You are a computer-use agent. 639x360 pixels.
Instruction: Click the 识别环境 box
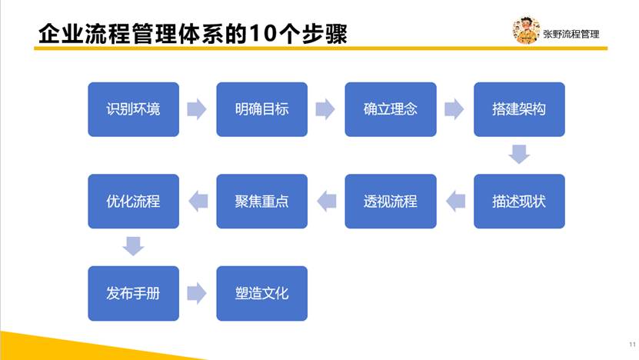tap(133, 109)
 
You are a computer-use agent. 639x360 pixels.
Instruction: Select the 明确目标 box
tap(261, 109)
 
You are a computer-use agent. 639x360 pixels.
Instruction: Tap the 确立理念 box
tap(391, 109)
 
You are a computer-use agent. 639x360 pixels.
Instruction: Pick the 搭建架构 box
tap(519, 109)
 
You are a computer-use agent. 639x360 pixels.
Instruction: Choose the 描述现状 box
tap(519, 201)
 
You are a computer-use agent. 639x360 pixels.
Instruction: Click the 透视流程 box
tap(391, 201)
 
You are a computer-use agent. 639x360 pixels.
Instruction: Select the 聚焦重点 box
tap(261, 201)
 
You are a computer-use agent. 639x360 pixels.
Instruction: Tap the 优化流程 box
tap(133, 201)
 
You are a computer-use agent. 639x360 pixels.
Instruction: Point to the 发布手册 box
tap(133, 293)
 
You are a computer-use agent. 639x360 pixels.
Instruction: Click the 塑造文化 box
tap(261, 293)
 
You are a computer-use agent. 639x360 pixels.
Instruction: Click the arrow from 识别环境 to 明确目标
tap(197, 109)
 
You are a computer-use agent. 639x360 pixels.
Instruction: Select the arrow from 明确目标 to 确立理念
tap(325, 109)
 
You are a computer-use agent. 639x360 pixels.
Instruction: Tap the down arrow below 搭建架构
tap(519, 154)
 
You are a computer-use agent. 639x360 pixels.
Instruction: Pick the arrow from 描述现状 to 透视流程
tap(456, 201)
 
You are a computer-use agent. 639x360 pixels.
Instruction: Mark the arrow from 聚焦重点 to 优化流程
tap(198, 201)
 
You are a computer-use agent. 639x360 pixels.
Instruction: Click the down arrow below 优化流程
tap(133, 246)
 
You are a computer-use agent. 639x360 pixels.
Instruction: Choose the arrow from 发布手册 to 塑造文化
tap(197, 293)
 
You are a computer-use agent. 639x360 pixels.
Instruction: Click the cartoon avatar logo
tap(526, 30)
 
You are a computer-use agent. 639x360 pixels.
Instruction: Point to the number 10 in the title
tap(263, 33)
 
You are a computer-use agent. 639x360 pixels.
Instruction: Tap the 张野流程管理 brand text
tap(571, 35)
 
